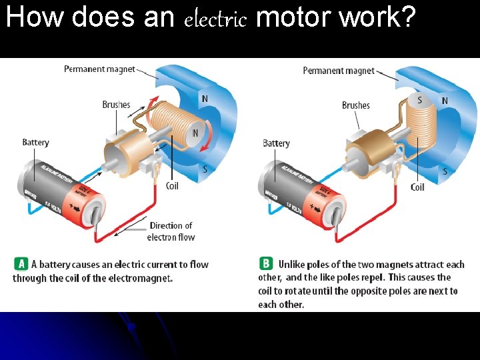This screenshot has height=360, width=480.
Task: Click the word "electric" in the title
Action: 215,19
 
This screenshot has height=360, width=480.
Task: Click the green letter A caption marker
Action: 21,264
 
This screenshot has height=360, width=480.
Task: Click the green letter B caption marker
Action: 266,264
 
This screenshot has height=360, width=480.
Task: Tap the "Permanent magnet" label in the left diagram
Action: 99,69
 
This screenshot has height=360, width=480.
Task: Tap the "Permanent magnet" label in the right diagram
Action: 338,70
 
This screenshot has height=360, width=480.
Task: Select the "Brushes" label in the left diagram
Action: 116,105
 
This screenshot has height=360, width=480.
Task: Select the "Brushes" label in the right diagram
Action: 355,105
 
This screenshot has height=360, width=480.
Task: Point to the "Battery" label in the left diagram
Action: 35,142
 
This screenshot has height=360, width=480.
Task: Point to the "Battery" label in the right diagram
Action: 276,143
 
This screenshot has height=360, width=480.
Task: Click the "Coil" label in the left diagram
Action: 172,186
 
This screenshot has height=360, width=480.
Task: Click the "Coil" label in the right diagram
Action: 417,187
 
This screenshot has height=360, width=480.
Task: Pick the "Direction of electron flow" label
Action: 171,231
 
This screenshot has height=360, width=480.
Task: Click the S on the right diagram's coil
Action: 419,101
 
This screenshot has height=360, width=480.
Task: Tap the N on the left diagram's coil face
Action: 195,133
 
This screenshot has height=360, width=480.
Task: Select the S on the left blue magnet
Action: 205,169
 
